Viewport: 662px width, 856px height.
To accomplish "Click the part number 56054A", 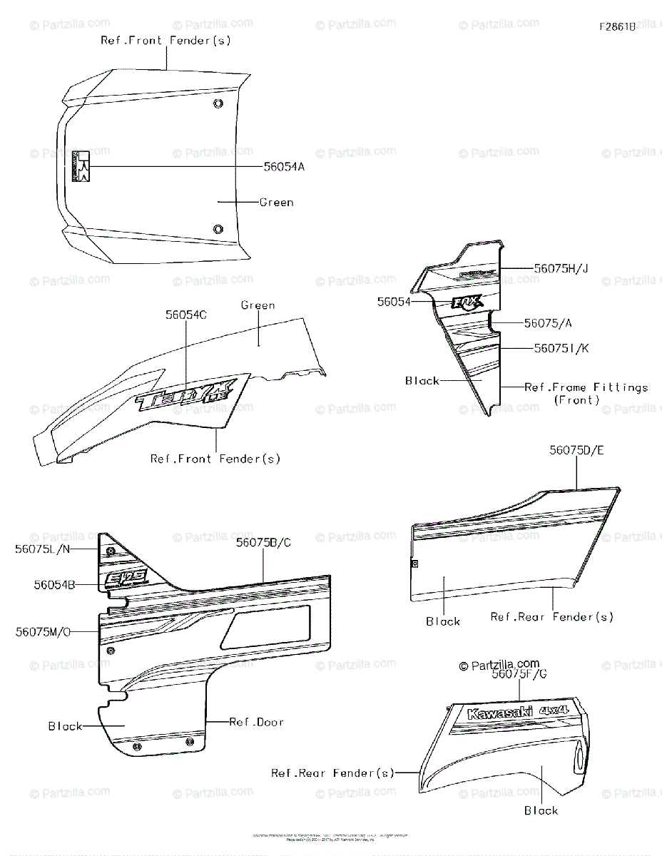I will coord(284,167).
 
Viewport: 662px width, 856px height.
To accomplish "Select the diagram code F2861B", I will coord(618,27).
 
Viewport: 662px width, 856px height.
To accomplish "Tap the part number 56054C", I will coord(186,315).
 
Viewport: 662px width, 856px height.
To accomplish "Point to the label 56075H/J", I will coord(560,267).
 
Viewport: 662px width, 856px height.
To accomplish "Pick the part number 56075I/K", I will coord(560,348).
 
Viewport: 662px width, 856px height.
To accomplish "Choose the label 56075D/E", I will coord(576,450).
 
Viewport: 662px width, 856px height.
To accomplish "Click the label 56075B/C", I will coord(263,543).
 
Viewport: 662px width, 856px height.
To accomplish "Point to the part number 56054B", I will coord(55,584).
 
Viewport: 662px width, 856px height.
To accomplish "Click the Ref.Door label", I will coord(256,722).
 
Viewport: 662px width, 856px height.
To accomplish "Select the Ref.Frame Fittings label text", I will coord(586,387).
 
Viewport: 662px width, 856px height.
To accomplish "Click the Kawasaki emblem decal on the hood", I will coord(81,167).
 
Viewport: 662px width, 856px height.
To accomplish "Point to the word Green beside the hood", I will coord(276,203).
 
